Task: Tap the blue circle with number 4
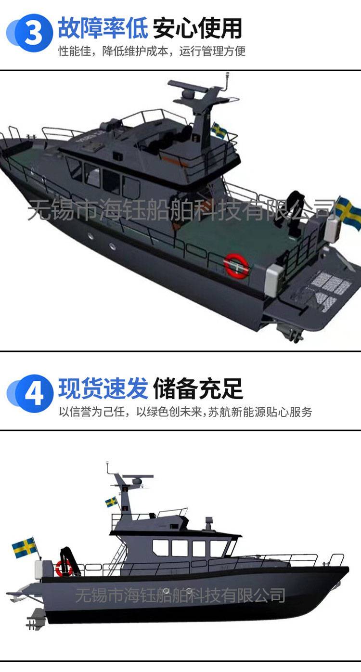point(34,393)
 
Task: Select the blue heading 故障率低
point(103,28)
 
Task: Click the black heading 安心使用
point(197,28)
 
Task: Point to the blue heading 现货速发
point(103,388)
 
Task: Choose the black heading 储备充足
point(198,388)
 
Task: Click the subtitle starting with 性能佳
point(152,51)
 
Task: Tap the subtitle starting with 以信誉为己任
point(185,412)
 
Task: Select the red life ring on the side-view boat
point(64,568)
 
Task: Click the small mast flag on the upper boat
point(219,130)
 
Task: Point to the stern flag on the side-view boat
point(24,547)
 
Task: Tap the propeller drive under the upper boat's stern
point(290,333)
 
